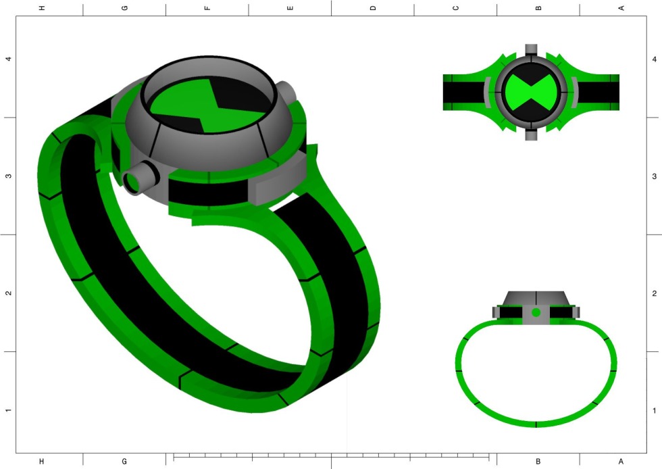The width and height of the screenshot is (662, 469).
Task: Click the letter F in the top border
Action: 207,8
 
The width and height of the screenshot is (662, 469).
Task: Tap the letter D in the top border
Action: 372,8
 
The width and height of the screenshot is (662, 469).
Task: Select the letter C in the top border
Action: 455,8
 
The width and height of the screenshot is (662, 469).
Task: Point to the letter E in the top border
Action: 290,8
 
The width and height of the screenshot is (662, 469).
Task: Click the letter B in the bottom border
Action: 538,462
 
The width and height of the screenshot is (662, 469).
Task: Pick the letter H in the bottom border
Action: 42,462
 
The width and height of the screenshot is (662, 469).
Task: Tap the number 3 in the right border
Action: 654,176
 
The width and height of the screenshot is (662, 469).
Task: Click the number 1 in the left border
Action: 8,410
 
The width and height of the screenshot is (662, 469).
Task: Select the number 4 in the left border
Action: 8,59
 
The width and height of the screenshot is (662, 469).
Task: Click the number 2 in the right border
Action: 654,293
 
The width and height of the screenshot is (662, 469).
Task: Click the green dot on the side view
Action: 536,312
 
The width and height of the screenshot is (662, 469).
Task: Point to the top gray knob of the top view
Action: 532,49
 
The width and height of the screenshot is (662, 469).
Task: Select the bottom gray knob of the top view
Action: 532,135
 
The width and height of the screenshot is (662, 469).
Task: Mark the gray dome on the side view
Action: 536,298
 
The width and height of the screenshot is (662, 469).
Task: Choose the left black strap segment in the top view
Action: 462,93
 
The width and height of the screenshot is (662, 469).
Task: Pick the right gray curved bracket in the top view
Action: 574,93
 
